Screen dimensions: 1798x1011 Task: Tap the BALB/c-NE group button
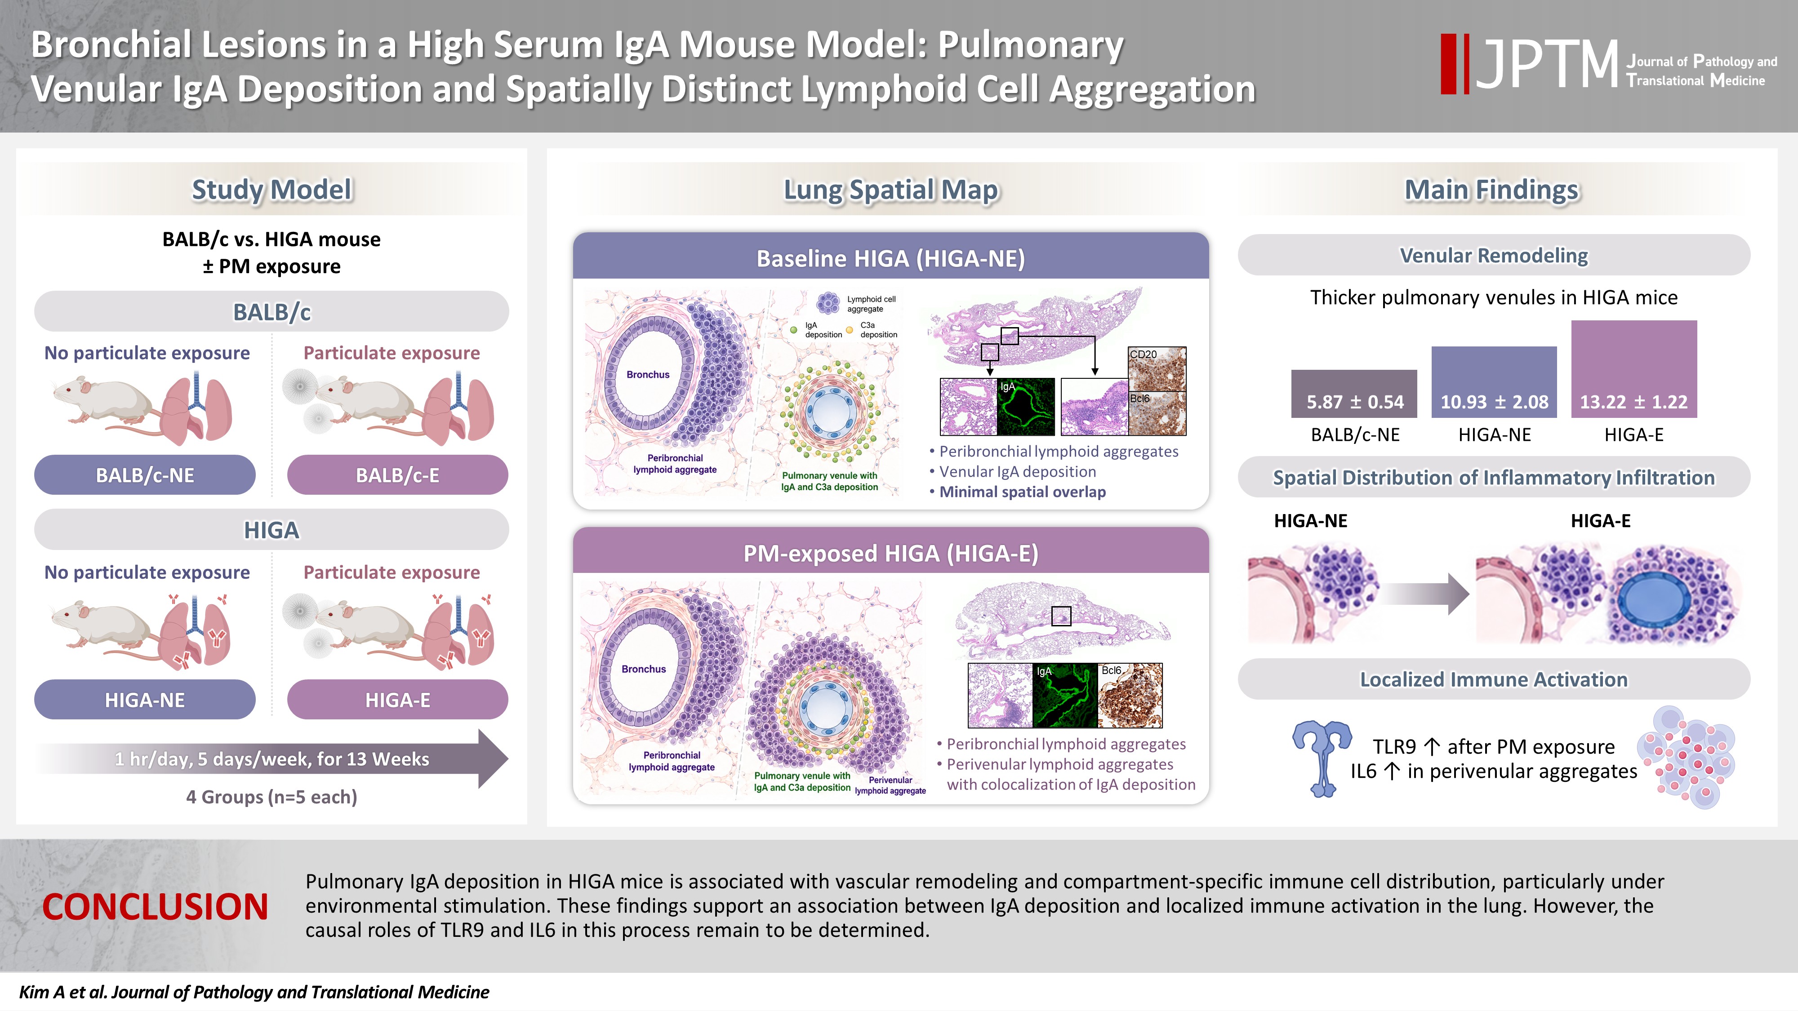pos(144,475)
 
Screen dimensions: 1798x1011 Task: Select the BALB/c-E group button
pos(398,475)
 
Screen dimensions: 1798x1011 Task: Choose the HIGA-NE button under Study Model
pos(144,700)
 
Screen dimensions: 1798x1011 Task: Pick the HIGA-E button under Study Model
pos(398,700)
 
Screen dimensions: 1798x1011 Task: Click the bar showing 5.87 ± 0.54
pos(1354,394)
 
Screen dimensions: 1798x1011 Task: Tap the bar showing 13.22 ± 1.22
pos(1634,369)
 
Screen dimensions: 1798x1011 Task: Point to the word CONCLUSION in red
pos(155,906)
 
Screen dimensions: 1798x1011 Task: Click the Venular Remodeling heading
pos(1494,255)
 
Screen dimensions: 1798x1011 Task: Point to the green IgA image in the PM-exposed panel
pos(1065,696)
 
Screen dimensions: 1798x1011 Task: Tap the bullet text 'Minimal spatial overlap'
pos(1023,492)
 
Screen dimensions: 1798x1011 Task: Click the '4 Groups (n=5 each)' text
pos(271,797)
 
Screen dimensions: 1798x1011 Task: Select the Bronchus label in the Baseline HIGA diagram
pos(648,375)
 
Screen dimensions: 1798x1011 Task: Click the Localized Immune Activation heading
pos(1494,679)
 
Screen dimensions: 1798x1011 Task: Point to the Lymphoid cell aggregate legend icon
pos(828,303)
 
